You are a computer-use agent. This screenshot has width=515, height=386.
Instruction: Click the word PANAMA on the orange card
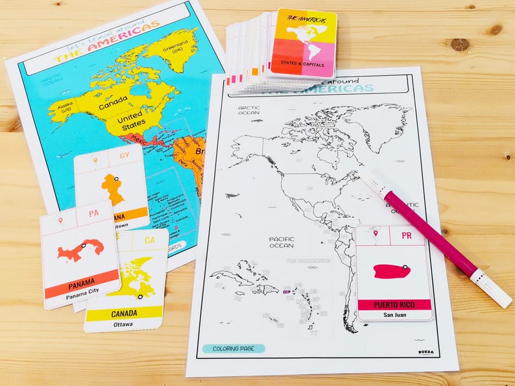(x=82, y=282)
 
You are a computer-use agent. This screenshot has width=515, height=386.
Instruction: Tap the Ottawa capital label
(x=123, y=323)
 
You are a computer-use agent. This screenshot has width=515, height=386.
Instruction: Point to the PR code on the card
(x=407, y=235)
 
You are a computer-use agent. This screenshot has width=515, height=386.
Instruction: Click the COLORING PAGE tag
(x=233, y=348)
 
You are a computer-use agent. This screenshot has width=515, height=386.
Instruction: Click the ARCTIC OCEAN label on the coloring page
(x=248, y=110)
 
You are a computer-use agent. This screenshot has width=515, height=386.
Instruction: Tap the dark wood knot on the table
(x=460, y=44)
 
